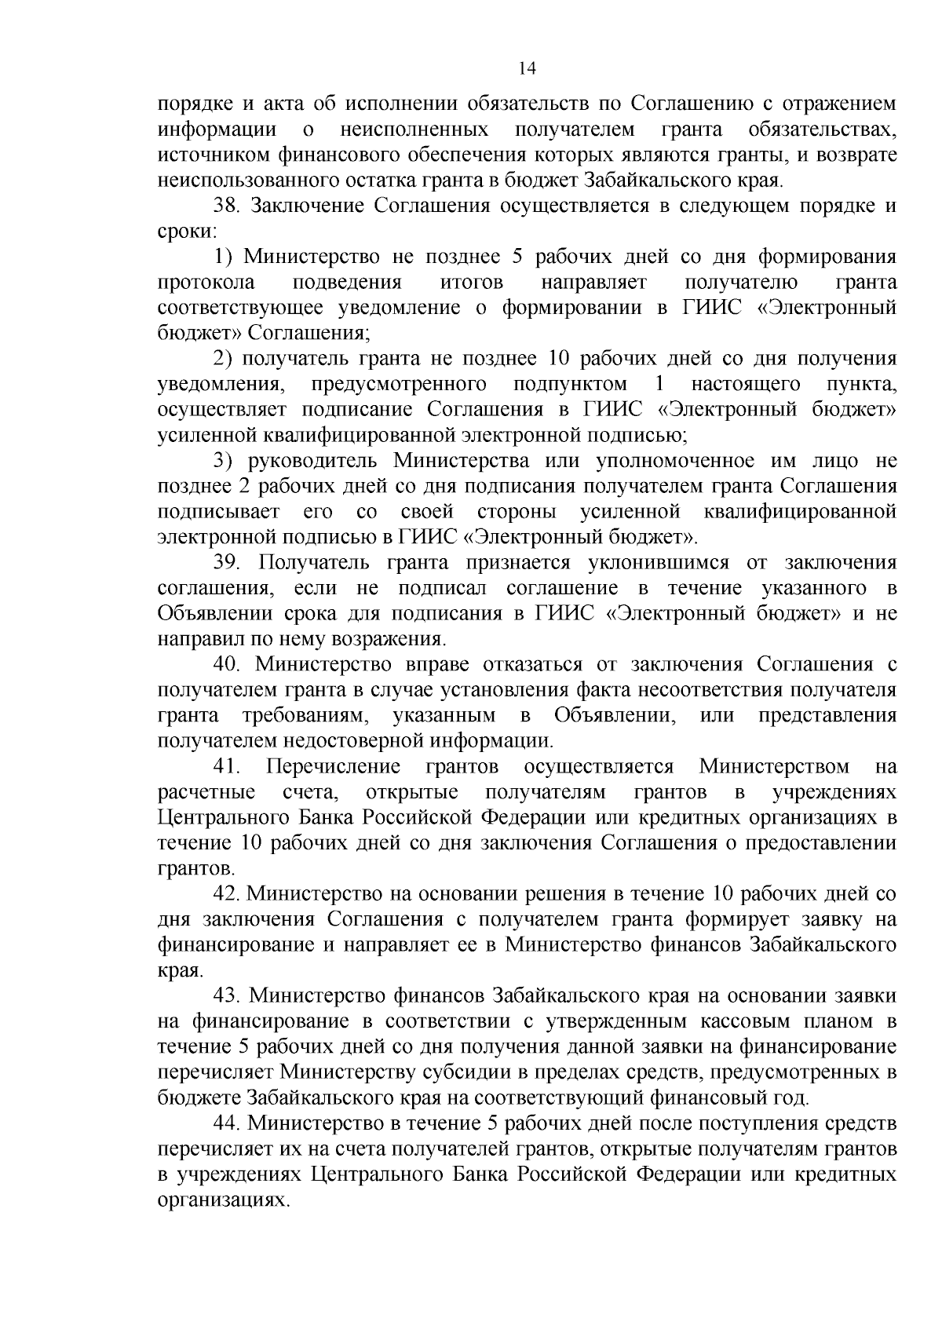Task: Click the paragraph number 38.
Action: (228, 206)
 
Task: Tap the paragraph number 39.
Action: (228, 562)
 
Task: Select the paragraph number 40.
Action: (228, 664)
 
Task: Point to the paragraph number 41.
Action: (228, 766)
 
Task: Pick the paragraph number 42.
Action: (228, 893)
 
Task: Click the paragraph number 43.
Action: (228, 995)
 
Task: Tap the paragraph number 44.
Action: (228, 1123)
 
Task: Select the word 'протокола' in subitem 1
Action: (206, 283)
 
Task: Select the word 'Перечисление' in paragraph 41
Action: (334, 766)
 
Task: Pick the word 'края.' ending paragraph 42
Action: (180, 971)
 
